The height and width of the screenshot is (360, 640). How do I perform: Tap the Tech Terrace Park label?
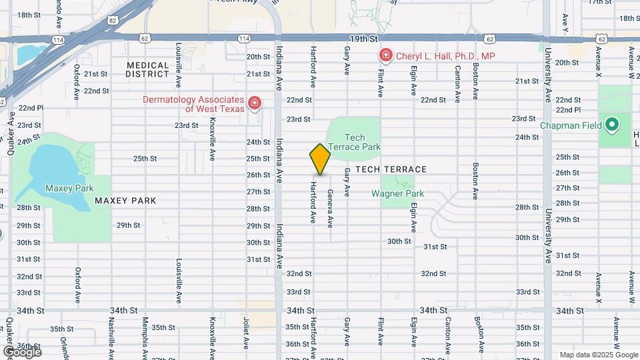tap(354, 142)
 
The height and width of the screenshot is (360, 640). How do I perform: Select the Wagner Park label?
tap(397, 194)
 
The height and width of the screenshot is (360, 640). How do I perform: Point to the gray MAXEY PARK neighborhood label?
tap(125, 201)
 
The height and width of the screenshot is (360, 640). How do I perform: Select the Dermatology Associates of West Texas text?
tap(193, 104)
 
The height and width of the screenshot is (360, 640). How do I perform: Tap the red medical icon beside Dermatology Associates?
tap(254, 103)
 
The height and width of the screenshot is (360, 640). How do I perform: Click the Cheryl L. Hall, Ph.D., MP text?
tap(445, 57)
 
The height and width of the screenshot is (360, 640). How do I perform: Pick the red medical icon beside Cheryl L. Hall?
tap(385, 55)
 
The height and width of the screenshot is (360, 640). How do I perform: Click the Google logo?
tap(22, 352)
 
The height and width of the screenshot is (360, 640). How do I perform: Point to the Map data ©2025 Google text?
tap(599, 355)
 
